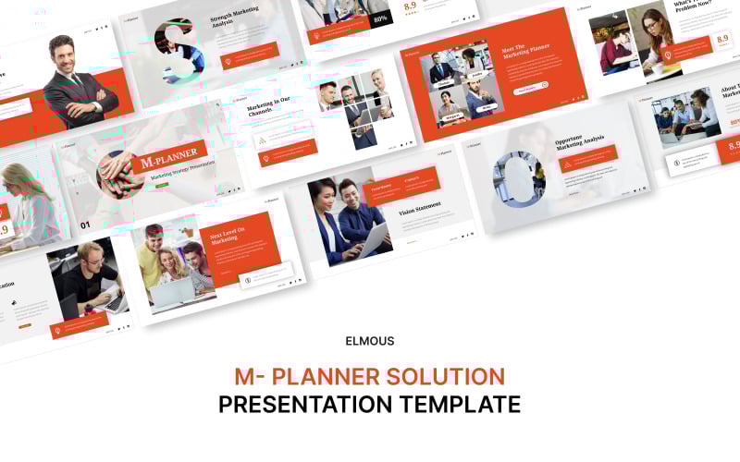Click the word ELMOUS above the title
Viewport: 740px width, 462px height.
click(370, 341)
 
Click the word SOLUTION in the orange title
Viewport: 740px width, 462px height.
click(447, 376)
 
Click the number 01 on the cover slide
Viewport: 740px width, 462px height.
click(86, 225)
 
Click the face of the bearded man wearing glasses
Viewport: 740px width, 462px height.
click(90, 256)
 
